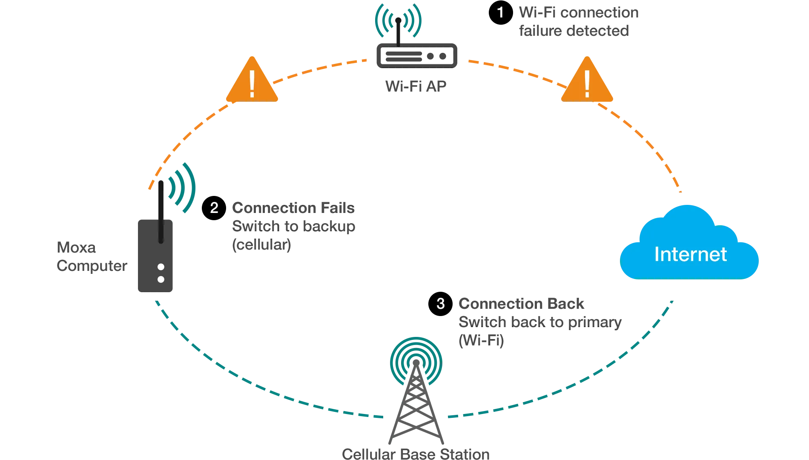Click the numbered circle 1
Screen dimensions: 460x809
coord(500,12)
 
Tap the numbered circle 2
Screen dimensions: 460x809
coord(214,208)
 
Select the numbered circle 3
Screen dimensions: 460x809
coord(440,304)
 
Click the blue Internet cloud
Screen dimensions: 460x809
coord(690,251)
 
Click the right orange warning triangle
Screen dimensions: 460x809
coord(587,83)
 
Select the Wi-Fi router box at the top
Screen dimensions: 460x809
coord(416,56)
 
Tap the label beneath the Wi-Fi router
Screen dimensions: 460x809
coord(415,85)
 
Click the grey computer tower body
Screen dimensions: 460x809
coord(155,264)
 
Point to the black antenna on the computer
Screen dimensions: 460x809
coord(160,209)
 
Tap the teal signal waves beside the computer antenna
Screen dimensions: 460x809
coord(183,187)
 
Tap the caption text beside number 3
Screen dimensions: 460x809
coord(539,322)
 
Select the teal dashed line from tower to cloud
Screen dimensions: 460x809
coord(596,383)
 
